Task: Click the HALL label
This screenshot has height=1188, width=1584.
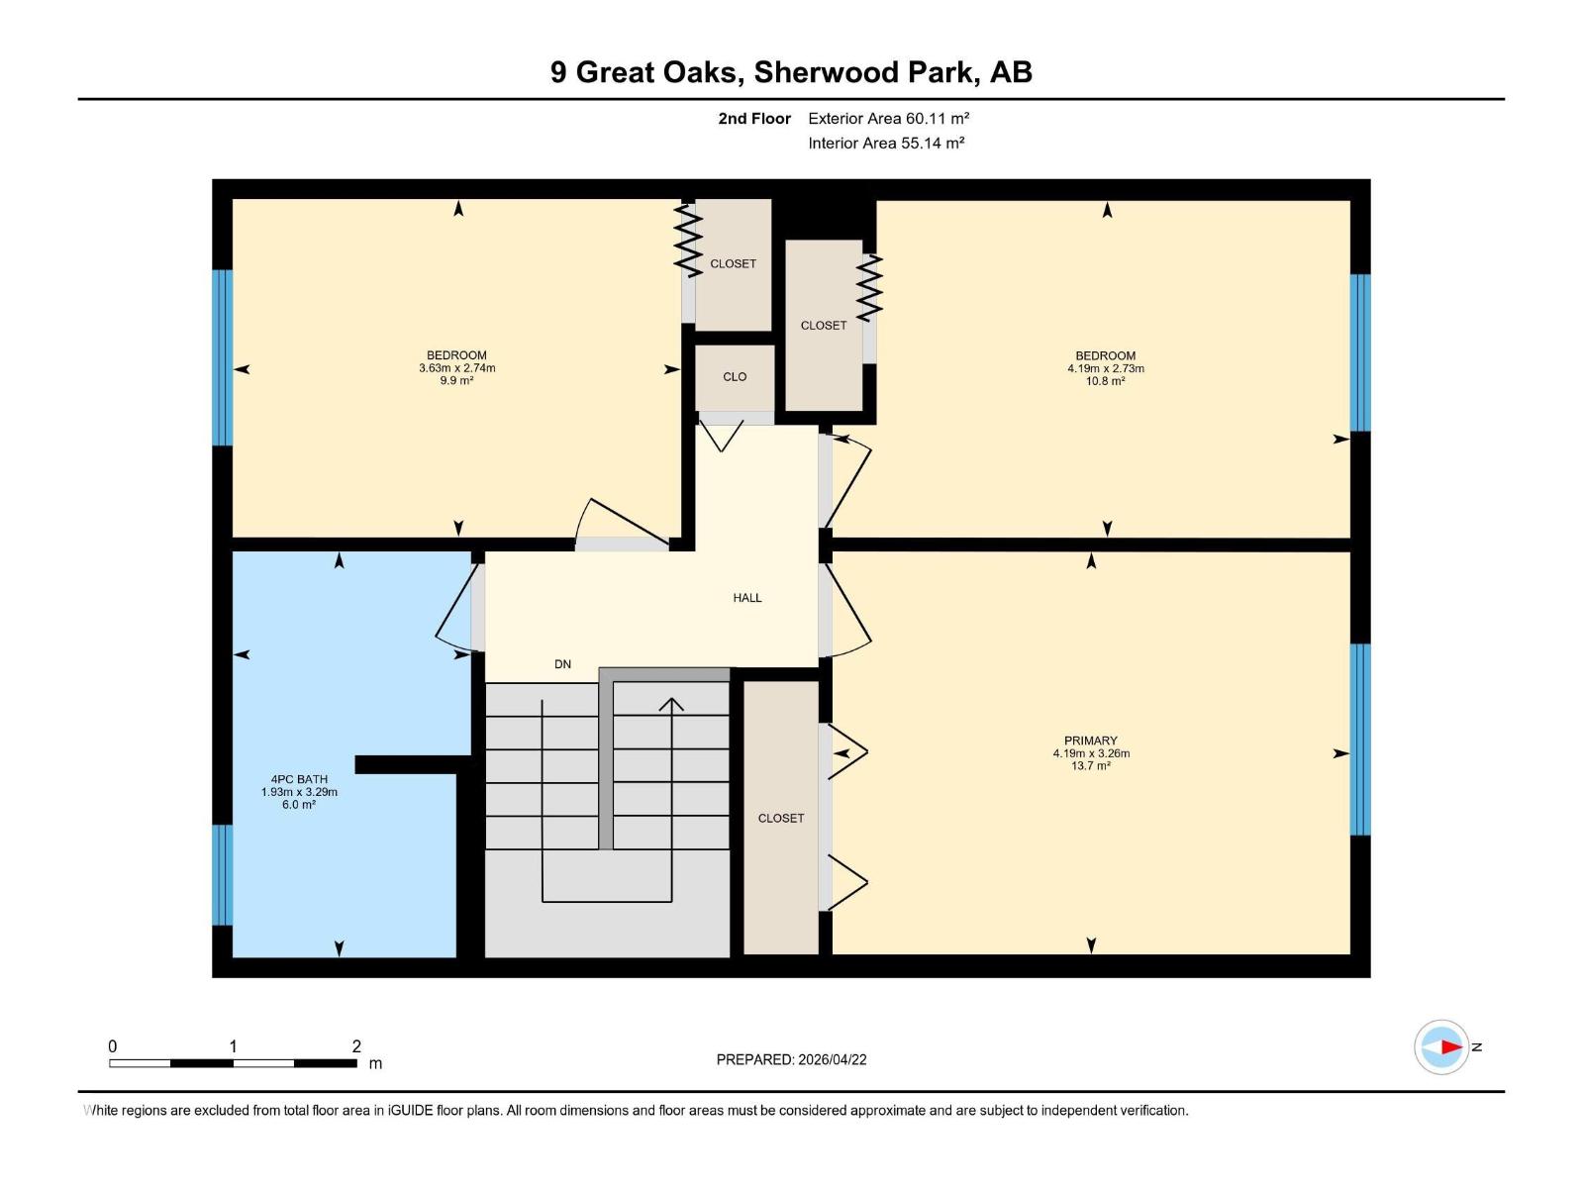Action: coord(747,598)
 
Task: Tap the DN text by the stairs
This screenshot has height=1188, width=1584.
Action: coord(562,664)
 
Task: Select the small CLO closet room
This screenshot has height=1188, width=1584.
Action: coord(735,377)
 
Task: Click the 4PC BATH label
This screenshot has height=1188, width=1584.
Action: coord(299,779)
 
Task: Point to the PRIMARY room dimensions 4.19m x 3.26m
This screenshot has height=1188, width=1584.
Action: coord(1091,753)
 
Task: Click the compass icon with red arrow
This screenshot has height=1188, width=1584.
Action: coord(1441,1046)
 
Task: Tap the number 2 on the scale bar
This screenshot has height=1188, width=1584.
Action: coord(356,1046)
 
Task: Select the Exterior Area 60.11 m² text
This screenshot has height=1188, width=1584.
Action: coord(888,118)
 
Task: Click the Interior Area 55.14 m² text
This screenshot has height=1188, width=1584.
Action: coord(886,143)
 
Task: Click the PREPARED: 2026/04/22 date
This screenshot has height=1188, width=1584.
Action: coord(791,1059)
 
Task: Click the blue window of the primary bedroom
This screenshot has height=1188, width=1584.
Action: coord(1360,740)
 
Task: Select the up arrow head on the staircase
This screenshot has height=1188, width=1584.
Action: coord(672,704)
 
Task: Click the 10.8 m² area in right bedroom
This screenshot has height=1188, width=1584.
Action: coord(1105,381)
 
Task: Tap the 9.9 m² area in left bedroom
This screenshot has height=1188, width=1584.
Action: coord(456,381)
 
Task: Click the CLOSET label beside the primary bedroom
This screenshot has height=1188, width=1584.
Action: coord(781,818)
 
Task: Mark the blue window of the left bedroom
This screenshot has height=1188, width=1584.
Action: coord(223,357)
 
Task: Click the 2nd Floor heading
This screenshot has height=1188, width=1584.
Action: coord(754,119)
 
